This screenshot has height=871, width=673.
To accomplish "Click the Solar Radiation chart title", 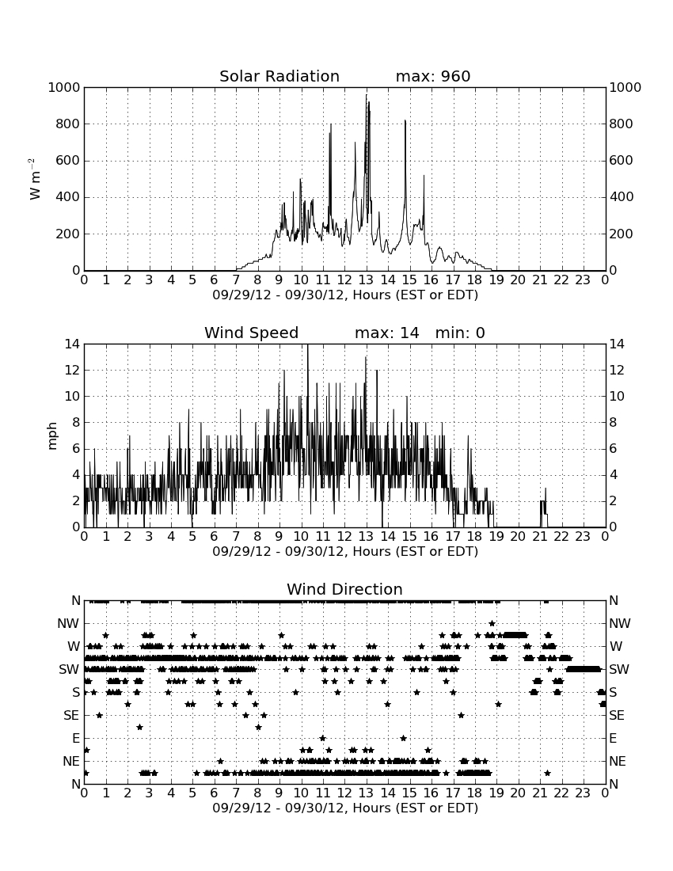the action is (x=279, y=76).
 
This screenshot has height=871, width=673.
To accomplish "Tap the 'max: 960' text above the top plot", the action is (x=433, y=76).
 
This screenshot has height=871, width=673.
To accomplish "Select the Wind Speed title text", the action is (x=252, y=333).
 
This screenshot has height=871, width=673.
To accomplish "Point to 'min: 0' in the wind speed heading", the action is (x=460, y=333).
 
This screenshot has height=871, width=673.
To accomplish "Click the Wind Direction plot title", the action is (x=344, y=589).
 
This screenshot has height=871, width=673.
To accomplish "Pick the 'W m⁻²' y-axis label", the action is (x=34, y=179).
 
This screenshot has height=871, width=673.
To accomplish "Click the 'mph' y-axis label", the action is (x=52, y=436).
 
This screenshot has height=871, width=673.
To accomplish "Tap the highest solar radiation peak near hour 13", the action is (x=366, y=96).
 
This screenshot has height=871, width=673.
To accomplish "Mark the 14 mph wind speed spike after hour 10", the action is (x=308, y=345).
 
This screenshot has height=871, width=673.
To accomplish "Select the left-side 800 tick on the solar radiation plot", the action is (x=67, y=124).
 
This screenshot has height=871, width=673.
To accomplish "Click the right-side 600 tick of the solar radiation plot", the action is (x=622, y=161).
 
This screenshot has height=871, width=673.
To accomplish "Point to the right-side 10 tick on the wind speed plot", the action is (x=617, y=397).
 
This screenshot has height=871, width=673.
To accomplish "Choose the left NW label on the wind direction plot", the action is (x=68, y=624).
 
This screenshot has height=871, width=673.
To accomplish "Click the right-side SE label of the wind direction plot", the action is (x=617, y=716).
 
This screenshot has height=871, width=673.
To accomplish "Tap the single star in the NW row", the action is (x=492, y=624).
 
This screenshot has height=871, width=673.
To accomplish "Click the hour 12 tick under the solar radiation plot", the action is (x=344, y=280).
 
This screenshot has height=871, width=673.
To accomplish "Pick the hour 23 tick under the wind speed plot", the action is (x=583, y=536).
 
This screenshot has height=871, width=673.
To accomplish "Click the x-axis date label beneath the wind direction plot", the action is (x=345, y=808).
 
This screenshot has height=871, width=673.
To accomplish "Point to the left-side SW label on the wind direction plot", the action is (x=69, y=670).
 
